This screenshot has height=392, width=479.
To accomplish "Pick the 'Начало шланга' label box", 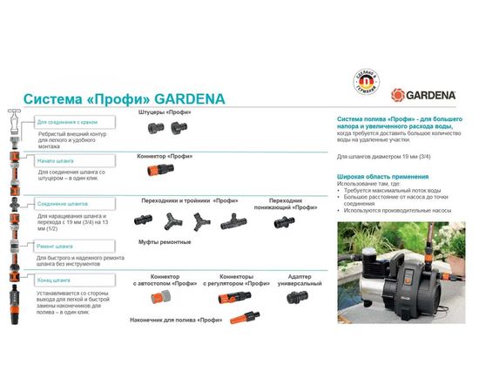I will [56, 161].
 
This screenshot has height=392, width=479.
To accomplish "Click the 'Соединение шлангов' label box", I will [63, 204].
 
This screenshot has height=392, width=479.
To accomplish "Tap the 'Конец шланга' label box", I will [54, 280].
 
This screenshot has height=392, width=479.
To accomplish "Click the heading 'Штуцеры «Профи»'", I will [165, 112].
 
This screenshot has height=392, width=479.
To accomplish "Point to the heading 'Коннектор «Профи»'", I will [165, 154].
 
